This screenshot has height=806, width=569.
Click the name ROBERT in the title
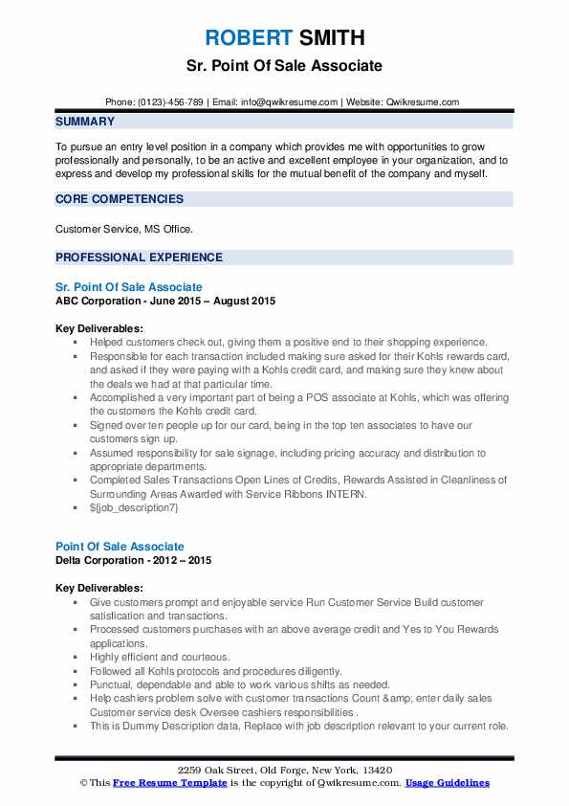click(x=249, y=38)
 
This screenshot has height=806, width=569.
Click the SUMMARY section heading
click(x=85, y=122)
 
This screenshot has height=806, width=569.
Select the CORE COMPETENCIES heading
click(x=120, y=199)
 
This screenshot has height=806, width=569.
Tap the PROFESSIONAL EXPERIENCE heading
click(x=139, y=257)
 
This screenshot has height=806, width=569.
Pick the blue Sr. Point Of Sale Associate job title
click(x=128, y=287)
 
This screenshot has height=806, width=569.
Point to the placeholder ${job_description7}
click(x=134, y=508)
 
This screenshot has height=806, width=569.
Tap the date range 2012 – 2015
click(x=185, y=559)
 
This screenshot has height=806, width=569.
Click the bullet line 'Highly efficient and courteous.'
click(x=160, y=658)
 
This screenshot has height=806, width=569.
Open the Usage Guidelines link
click(x=447, y=783)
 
